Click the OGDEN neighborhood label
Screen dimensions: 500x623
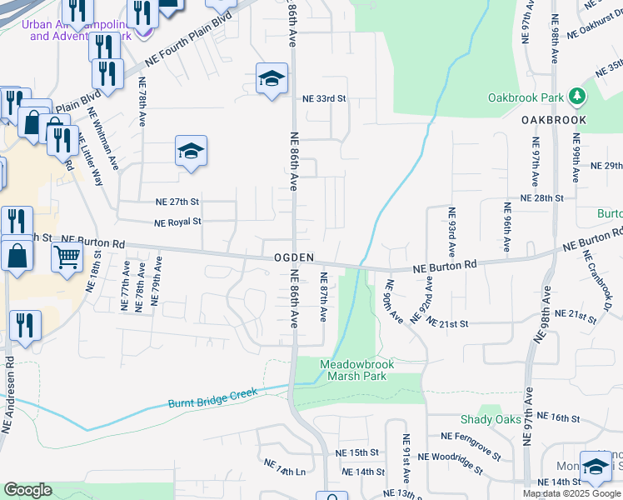294,258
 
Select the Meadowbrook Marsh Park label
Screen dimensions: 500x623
356,370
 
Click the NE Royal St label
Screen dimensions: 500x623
178,222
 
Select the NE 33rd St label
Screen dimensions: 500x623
324,98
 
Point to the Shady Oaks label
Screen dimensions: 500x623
491,419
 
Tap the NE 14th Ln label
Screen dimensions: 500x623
284,467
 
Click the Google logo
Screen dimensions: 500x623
27,490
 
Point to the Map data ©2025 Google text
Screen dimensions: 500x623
571,493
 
